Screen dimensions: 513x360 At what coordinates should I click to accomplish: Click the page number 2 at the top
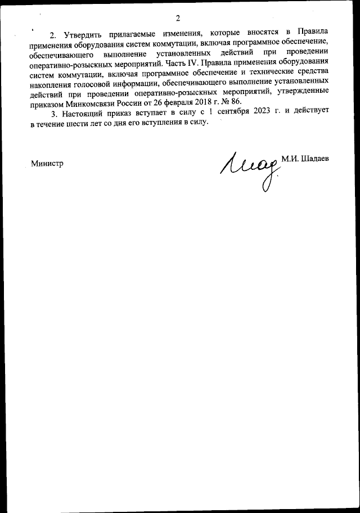click(178, 19)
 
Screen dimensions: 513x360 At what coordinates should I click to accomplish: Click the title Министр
click(47, 163)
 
